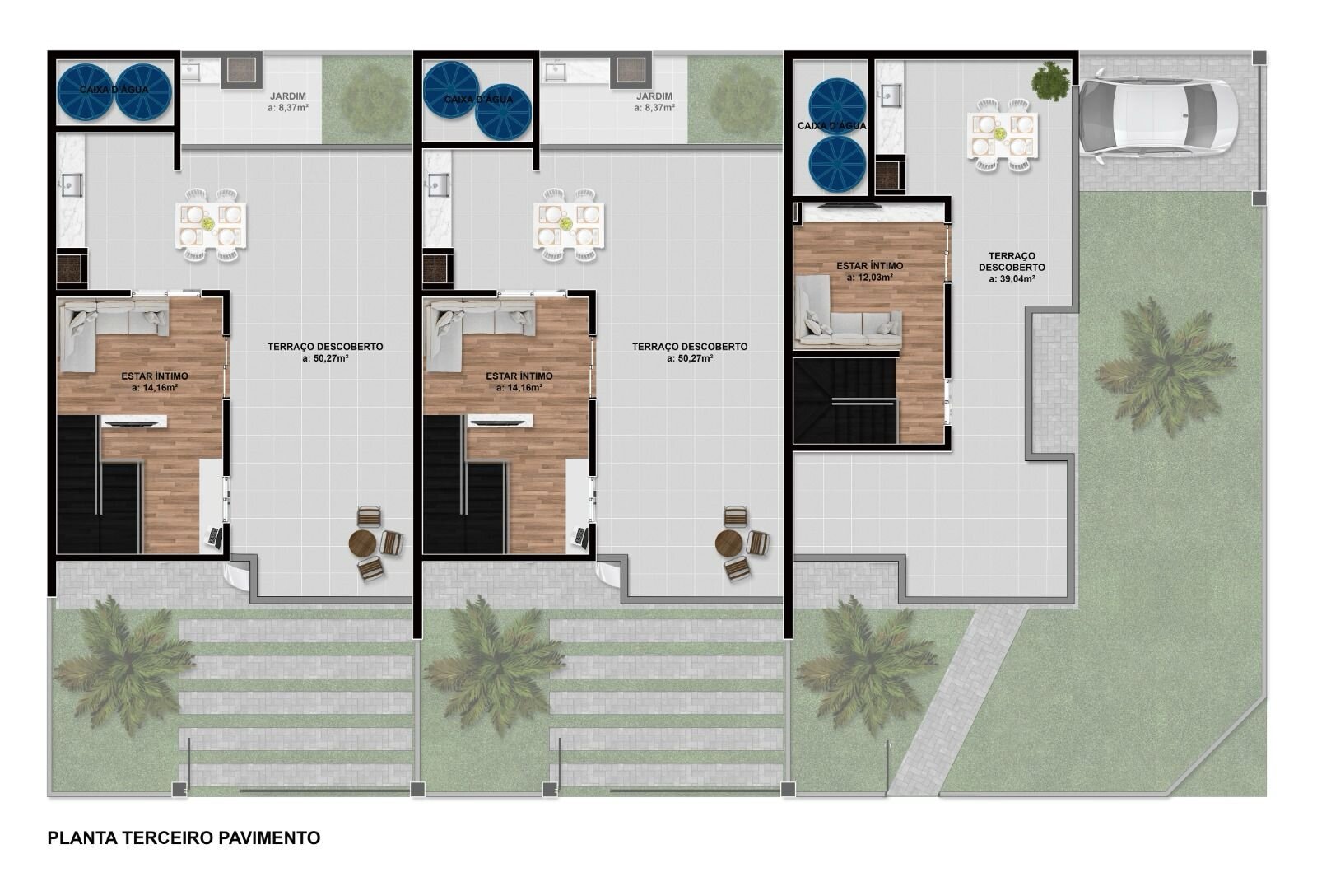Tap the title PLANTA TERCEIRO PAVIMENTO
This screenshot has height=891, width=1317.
[184, 837]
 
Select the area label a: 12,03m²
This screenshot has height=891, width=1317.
[869, 278]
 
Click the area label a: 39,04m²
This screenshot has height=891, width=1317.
[1012, 279]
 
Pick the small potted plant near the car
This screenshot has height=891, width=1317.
[1050, 81]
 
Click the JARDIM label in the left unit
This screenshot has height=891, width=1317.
[288, 96]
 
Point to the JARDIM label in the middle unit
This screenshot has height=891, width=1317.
[654, 96]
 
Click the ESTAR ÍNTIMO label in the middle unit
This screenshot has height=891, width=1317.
[519, 376]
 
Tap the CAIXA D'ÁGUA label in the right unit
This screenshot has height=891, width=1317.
[832, 126]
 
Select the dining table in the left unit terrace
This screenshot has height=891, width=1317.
[210, 224]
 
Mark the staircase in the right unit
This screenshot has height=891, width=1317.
[845, 400]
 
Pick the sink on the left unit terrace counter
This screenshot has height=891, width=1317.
[71, 185]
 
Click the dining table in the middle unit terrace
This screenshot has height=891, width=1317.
[569, 224]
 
